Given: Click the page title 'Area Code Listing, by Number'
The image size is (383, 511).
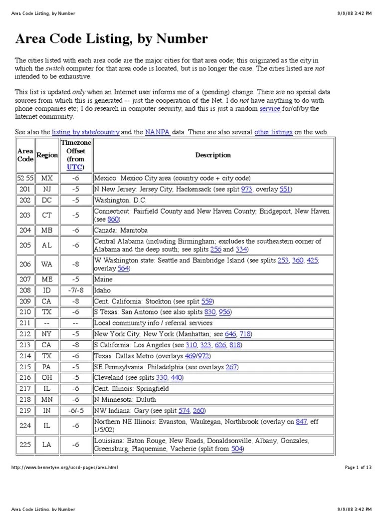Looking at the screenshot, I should pos(112,39).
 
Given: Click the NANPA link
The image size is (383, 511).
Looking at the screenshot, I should pos(158,132).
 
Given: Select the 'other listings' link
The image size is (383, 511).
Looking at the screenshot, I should pos(273,132).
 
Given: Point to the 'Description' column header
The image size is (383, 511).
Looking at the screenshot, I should pos(213,155).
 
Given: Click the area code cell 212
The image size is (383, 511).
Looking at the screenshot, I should pos(24,334).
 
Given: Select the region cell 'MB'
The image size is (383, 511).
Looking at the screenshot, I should pos(46,231).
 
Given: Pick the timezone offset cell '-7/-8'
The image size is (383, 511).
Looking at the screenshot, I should pos(75,290).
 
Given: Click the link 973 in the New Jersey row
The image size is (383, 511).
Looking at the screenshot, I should pos(246,189).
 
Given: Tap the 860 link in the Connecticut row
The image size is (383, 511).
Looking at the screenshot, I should pos(113,219).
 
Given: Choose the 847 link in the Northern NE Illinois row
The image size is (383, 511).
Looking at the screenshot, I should pos(301,422).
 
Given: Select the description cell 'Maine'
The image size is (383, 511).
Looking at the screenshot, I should pos(103,279).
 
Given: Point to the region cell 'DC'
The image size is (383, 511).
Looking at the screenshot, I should pos(46,200).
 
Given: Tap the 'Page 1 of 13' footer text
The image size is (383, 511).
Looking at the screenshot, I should pos(358,468).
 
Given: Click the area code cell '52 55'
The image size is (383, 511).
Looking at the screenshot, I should pos(24,178).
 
